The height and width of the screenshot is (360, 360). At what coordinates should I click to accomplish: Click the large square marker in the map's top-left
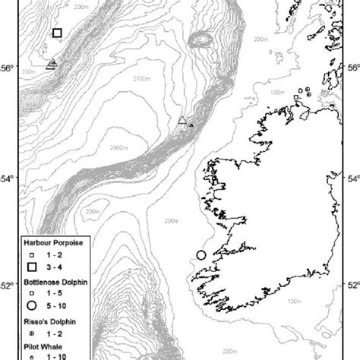pos(57,33)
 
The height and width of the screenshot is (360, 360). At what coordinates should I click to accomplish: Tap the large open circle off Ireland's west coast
pos(201,255)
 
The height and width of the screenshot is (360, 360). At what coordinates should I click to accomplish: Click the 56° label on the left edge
pos(6,68)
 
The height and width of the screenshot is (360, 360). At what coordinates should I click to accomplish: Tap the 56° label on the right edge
pos(353,67)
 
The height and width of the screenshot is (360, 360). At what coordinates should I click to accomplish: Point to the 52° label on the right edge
pos(353,286)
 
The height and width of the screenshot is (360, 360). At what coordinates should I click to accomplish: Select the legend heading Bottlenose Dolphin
pos(54,282)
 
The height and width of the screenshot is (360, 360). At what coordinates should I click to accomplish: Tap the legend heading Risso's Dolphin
pos(49,321)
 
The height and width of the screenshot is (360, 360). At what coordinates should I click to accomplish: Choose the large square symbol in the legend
pos(33,267)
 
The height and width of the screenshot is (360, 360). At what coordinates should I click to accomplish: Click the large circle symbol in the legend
pos(33,305)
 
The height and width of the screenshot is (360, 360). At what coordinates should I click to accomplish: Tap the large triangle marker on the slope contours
pos(182,120)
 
